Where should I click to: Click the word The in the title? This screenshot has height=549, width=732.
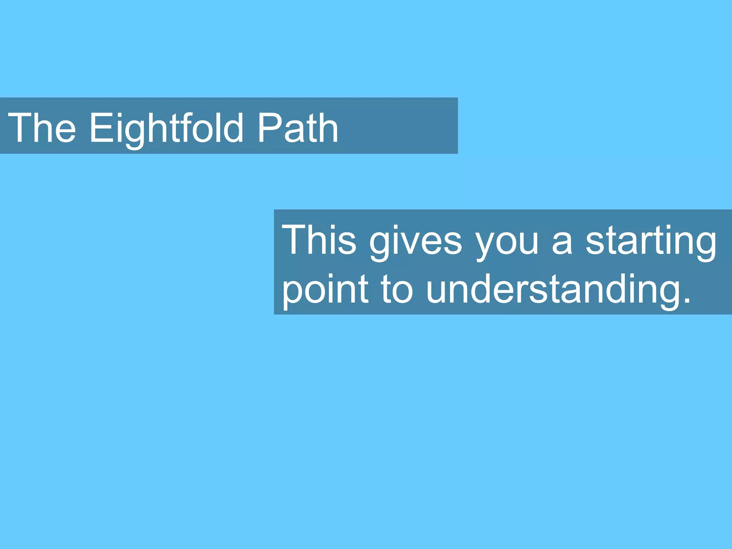(x=42, y=128)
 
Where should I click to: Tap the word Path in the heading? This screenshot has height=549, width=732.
(x=297, y=128)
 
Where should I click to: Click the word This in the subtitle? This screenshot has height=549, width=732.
(x=319, y=239)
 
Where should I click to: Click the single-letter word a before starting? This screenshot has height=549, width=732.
(x=562, y=243)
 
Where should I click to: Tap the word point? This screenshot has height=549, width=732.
(x=325, y=290)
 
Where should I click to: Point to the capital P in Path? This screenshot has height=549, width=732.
(x=269, y=128)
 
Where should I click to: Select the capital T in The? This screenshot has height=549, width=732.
(x=20, y=128)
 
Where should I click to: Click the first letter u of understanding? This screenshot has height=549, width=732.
(x=437, y=291)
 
